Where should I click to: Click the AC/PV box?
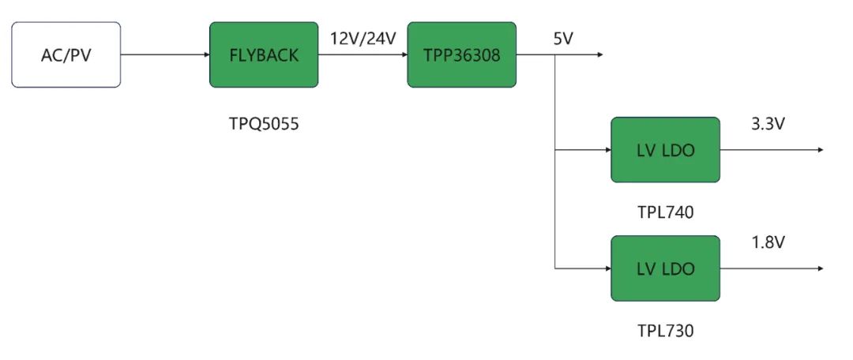coord(66,54)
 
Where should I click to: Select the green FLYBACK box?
coord(264,54)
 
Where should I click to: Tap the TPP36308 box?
coord(461,54)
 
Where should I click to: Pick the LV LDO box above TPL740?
coord(665,150)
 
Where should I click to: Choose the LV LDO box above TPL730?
coord(665,268)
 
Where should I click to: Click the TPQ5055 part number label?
coord(264,124)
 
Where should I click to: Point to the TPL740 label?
coord(665,212)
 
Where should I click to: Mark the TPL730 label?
coord(665,331)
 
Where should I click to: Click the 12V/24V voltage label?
coord(363,37)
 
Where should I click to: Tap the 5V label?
coord(563,37)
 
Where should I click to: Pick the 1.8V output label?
coord(768,242)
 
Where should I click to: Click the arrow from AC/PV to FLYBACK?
coord(165,54)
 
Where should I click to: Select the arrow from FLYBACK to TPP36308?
coord(363,54)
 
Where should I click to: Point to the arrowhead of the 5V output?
coord(600,54)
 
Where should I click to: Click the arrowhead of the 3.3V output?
coord(821,150)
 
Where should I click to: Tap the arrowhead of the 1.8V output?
coord(821,268)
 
